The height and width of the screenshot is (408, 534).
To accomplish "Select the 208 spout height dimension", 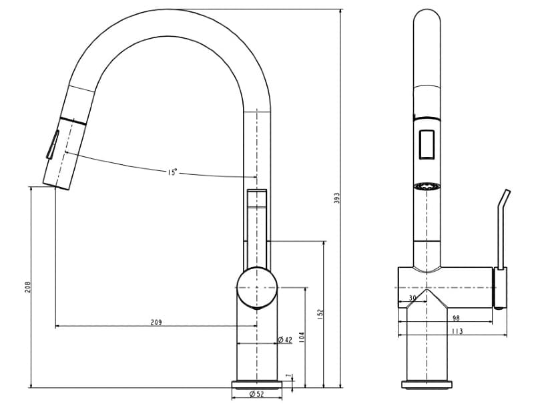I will [x=27, y=286].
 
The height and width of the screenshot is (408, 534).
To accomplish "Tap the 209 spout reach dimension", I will [x=156, y=322].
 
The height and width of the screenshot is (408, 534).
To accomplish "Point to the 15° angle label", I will [x=172, y=172].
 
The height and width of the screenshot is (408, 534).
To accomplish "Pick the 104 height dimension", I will [x=302, y=337].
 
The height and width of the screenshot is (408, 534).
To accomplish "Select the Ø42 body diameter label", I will [x=285, y=340].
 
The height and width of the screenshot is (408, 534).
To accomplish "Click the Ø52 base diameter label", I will [x=257, y=394].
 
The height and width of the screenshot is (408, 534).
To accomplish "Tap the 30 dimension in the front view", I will [x=413, y=298].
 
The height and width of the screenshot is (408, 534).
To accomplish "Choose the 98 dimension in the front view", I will [x=456, y=319].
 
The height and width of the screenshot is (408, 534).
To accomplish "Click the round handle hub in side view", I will [x=256, y=288].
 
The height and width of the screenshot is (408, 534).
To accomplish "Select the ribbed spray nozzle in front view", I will [x=427, y=187].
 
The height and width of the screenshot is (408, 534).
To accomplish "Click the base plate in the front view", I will [x=427, y=383].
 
